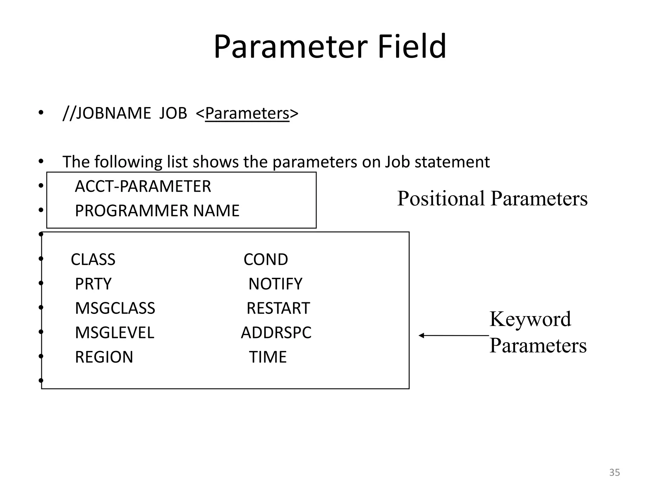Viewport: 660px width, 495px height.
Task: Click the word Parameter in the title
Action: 290,47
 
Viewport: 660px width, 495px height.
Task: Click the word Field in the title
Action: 412,47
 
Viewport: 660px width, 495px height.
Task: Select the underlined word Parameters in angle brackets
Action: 247,113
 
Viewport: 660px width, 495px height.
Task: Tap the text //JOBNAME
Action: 107,113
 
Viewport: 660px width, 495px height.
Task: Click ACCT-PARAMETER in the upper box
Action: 143,186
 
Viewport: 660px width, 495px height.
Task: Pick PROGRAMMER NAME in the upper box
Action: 157,211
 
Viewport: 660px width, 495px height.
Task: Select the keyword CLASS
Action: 93,259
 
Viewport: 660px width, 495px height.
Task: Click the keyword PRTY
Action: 93,284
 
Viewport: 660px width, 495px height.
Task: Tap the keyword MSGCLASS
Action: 115,308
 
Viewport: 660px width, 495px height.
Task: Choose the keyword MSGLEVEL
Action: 114,333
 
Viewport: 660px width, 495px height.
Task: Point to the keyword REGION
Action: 104,357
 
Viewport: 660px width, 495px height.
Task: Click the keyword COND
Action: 266,259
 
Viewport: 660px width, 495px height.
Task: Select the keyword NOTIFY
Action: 275,284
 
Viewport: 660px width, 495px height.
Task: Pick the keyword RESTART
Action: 278,308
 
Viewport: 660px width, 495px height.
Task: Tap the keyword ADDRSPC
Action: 276,333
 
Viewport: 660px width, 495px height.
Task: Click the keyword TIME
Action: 267,357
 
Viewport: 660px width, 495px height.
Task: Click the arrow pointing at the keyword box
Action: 453,335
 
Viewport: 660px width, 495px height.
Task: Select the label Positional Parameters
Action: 492,198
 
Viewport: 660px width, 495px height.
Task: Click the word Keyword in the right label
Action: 530,319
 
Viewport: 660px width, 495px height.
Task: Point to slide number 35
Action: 614,472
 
